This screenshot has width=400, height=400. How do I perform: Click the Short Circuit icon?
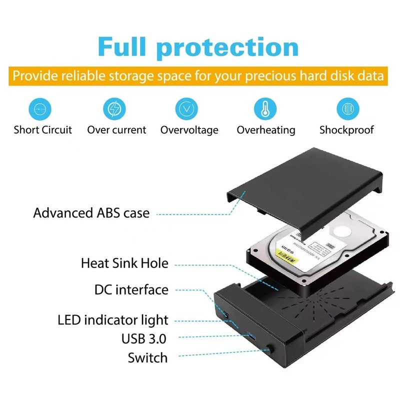[42, 108]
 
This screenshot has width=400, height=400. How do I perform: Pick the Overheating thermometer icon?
[265, 108]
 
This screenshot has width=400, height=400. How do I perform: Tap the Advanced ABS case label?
[91, 213]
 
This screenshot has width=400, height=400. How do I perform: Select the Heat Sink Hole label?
[124, 263]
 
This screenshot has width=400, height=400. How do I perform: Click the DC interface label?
[131, 290]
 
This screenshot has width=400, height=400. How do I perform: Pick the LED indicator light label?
[113, 320]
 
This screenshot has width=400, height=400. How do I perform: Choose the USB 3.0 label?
[143, 339]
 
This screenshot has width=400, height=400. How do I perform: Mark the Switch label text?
[147, 357]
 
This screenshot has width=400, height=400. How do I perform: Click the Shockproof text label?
[346, 130]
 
